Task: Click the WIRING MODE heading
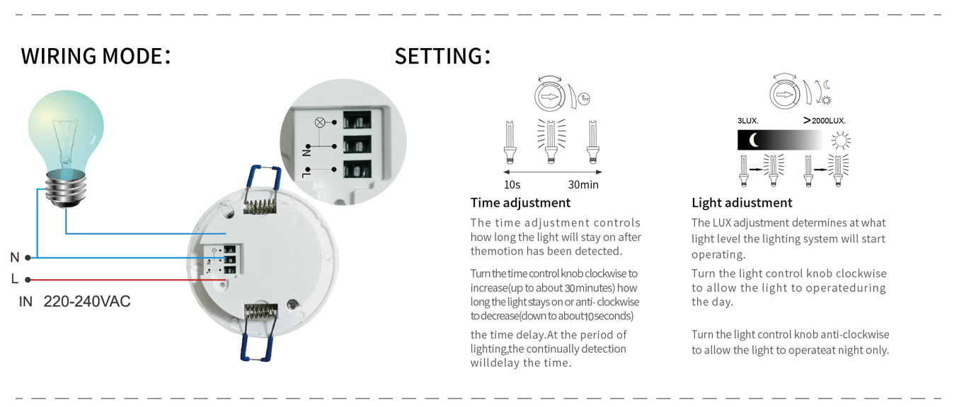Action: click(96, 56)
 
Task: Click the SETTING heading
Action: click(442, 56)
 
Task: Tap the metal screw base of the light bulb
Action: click(66, 189)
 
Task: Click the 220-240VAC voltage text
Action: click(87, 302)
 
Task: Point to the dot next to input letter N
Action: click(28, 257)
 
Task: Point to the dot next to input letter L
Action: click(28, 280)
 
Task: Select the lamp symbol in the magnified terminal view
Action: click(320, 122)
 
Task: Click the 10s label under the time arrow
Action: click(512, 184)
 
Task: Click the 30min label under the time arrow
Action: click(583, 184)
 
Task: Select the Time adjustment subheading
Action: click(520, 203)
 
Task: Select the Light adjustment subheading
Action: click(742, 203)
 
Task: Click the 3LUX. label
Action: click(747, 121)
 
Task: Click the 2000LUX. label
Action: click(829, 121)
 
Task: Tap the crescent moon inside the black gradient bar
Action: click(754, 140)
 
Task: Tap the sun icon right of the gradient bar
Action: click(841, 141)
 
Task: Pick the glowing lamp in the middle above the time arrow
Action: click(551, 141)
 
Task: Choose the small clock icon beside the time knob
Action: click(584, 99)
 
